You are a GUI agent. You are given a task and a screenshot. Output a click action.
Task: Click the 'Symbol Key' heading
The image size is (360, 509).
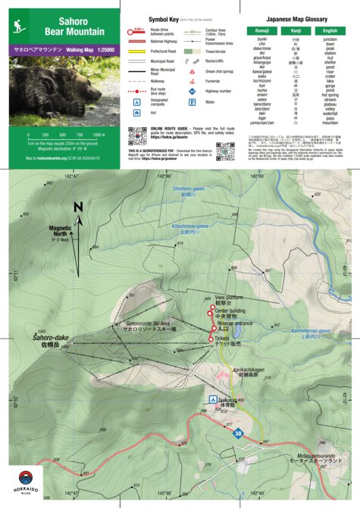[165, 17]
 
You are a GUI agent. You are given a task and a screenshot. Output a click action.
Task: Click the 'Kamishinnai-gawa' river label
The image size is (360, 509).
[312, 333]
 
